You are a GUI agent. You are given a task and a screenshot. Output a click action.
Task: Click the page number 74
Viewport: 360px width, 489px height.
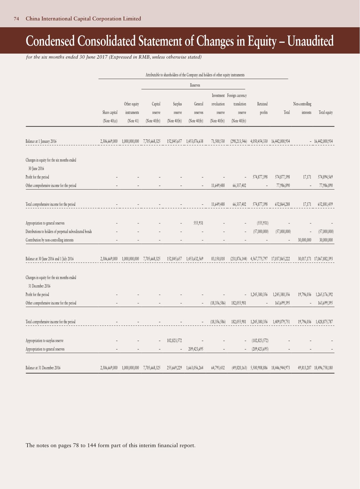(17, 19)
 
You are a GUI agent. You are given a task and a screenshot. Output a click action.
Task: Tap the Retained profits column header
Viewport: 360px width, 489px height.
(262, 108)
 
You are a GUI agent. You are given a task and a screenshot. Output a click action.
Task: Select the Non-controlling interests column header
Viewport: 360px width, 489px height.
(302, 108)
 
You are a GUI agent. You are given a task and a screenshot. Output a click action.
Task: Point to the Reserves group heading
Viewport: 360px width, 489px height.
(195, 85)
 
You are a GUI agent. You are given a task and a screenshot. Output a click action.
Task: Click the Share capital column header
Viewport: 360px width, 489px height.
(110, 113)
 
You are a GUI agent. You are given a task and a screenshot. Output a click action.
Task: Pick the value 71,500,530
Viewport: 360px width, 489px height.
(218, 141)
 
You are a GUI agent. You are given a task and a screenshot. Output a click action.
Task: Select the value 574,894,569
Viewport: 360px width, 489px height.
(324, 177)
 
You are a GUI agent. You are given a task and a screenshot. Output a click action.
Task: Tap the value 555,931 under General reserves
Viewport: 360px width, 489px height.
(198, 223)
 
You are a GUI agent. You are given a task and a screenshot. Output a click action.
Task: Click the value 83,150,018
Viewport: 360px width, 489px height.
(218, 259)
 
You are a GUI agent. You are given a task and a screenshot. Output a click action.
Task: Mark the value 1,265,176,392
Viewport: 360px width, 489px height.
(324, 295)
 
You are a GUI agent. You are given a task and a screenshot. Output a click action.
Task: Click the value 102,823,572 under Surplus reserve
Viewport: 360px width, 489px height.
(174, 341)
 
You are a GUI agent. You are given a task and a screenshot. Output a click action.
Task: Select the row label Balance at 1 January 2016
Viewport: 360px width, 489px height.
(41, 141)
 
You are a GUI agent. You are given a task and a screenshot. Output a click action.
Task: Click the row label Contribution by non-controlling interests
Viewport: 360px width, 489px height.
(49, 240)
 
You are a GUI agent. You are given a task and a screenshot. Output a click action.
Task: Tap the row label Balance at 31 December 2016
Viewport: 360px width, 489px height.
(43, 368)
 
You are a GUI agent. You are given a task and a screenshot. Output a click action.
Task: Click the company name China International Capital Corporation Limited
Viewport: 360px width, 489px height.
(83, 19)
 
